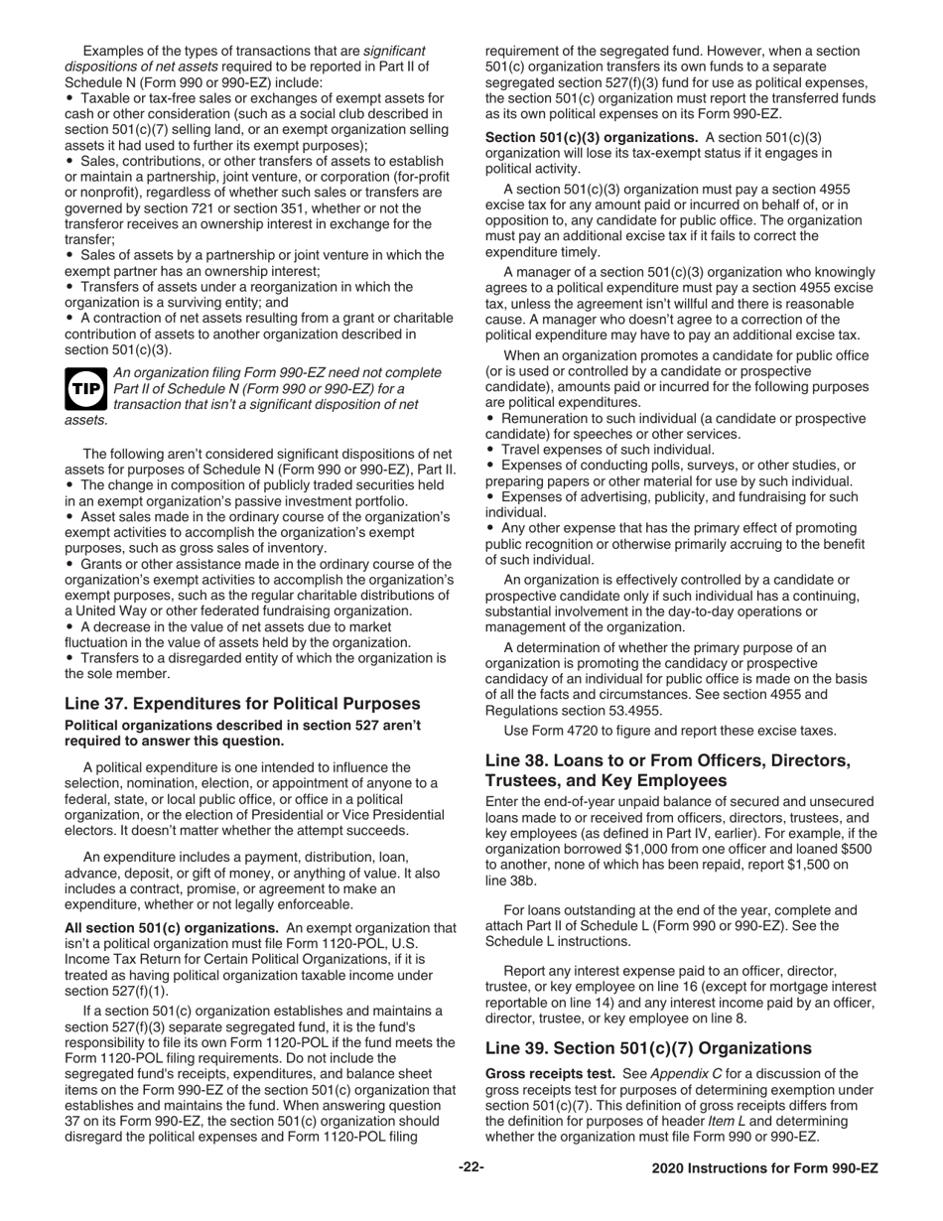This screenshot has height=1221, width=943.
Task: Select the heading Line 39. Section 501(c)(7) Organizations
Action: (648, 1047)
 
